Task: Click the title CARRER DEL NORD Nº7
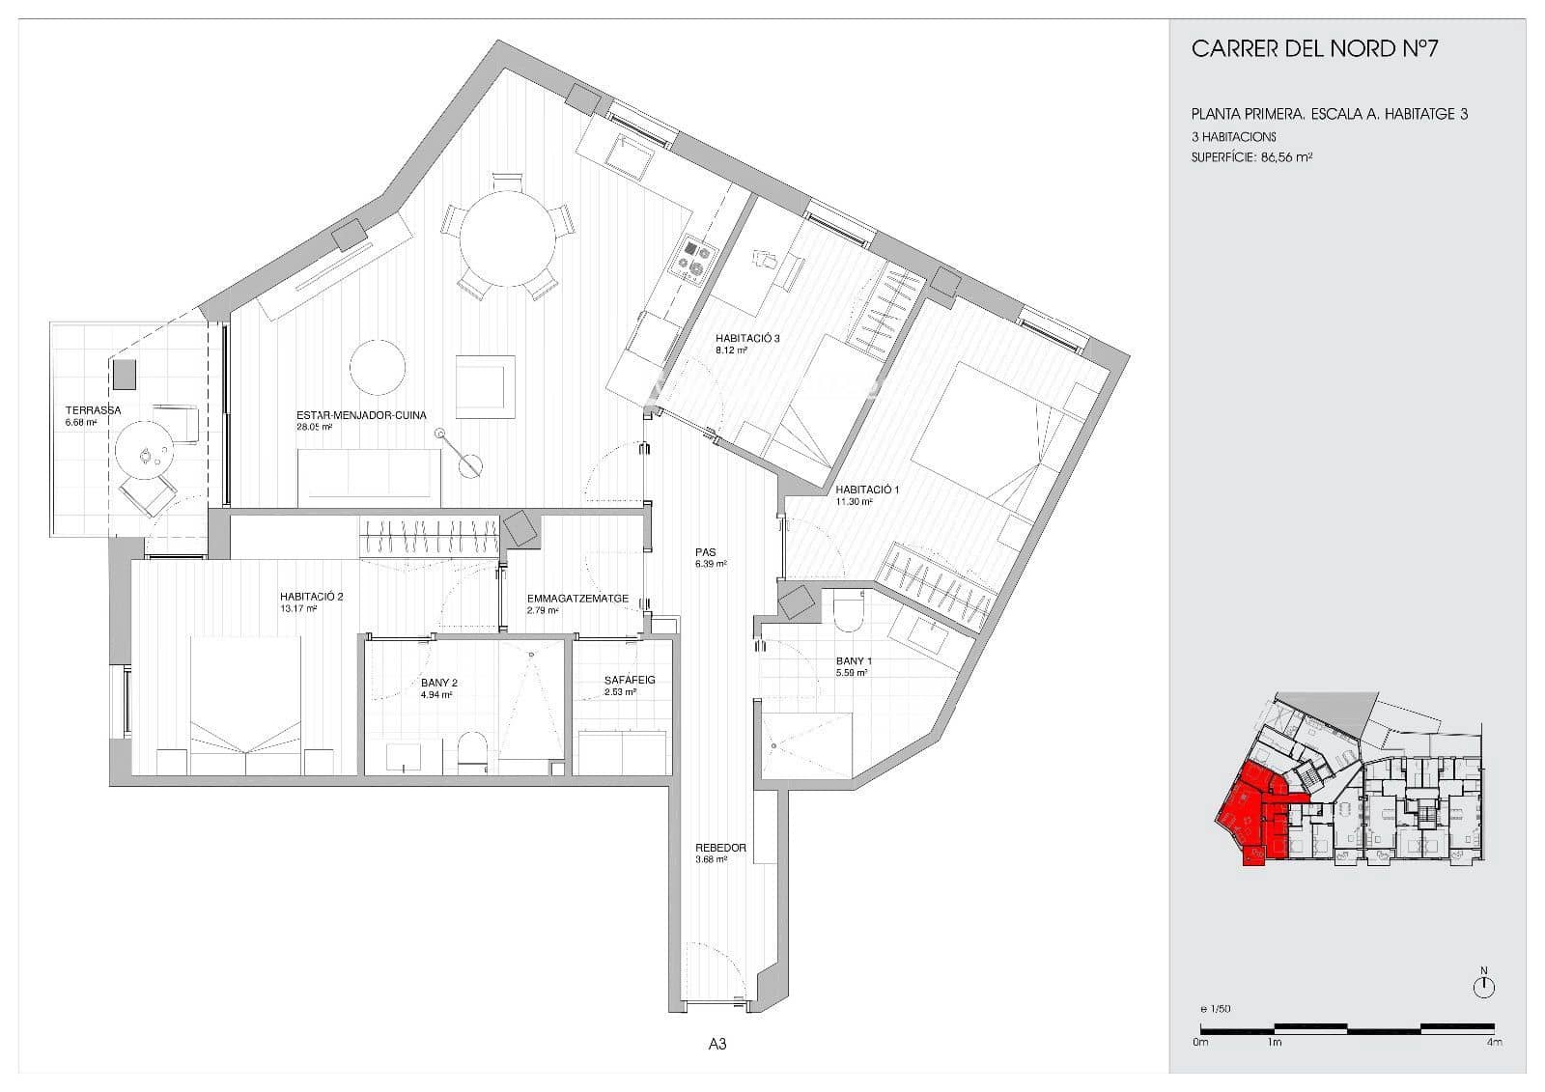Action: [1314, 49]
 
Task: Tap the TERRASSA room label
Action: [93, 410]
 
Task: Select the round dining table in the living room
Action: [507, 238]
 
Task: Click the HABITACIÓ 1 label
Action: [867, 490]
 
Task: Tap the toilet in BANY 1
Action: [849, 609]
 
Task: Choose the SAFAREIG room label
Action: [630, 680]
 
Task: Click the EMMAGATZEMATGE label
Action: [577, 599]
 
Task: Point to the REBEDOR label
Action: [720, 848]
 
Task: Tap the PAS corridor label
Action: [704, 553]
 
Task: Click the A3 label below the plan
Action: [716, 1044]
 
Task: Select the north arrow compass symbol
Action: [1484, 986]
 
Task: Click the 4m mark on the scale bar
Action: [1494, 1043]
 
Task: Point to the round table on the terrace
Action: [144, 453]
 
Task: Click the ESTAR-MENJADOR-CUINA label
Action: [361, 416]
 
